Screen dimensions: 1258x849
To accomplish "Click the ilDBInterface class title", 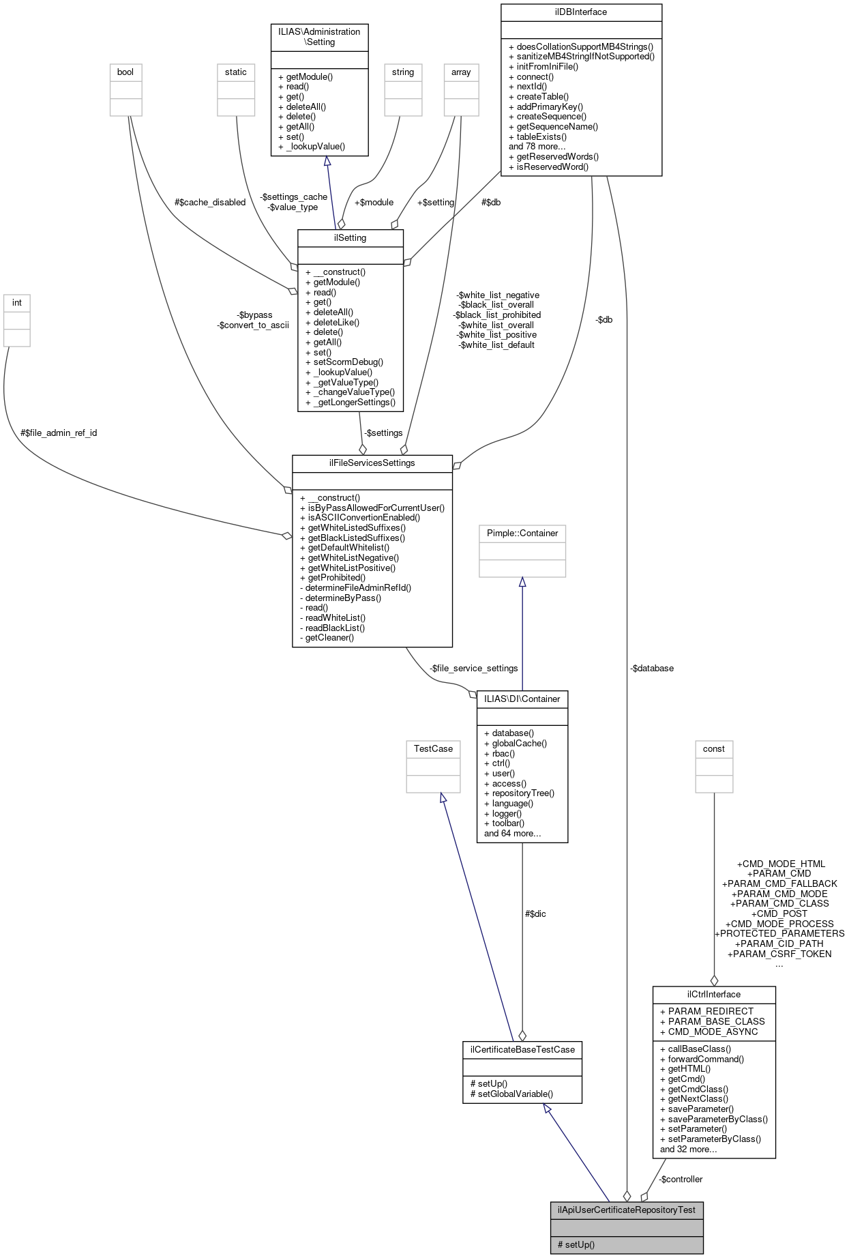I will [x=581, y=12].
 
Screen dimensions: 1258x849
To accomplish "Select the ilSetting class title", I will [x=350, y=237].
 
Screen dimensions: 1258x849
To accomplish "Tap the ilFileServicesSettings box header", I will [x=372, y=463].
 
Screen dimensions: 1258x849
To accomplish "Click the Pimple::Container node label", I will [x=522, y=533].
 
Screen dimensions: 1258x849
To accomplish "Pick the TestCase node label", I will [x=433, y=748].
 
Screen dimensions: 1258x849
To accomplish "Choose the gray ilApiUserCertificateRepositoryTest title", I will [x=626, y=1210].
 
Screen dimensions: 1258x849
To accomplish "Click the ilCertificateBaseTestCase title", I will [x=522, y=1049].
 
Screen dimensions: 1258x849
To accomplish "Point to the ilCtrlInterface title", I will [x=713, y=994].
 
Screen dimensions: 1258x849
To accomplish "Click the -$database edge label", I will [x=651, y=668].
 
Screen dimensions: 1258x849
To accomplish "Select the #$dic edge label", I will [x=535, y=913].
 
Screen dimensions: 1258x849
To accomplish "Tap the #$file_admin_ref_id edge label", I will [x=59, y=433].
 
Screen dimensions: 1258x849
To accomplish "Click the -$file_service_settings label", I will [x=473, y=668].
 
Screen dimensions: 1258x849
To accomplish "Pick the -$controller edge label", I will [x=680, y=1179].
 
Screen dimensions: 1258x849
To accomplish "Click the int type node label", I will [x=17, y=302].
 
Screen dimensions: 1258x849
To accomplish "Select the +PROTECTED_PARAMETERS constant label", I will [x=779, y=933].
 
